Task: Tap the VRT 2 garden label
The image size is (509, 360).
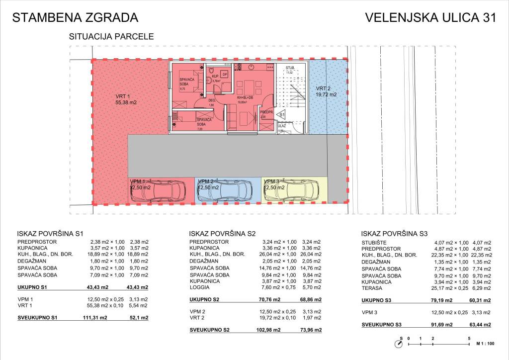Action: coord(326,91)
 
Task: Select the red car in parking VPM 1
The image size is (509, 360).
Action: coord(159,192)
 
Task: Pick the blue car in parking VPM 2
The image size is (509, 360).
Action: coord(226,192)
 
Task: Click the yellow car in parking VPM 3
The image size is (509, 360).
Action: coord(293,192)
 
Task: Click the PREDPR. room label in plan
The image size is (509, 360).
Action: coord(266,112)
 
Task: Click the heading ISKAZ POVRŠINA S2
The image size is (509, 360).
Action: coord(222,233)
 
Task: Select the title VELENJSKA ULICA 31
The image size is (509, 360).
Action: coord(430,18)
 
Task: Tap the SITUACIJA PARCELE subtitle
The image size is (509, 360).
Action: coord(111,36)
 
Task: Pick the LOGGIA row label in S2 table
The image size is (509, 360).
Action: coord(199,287)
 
